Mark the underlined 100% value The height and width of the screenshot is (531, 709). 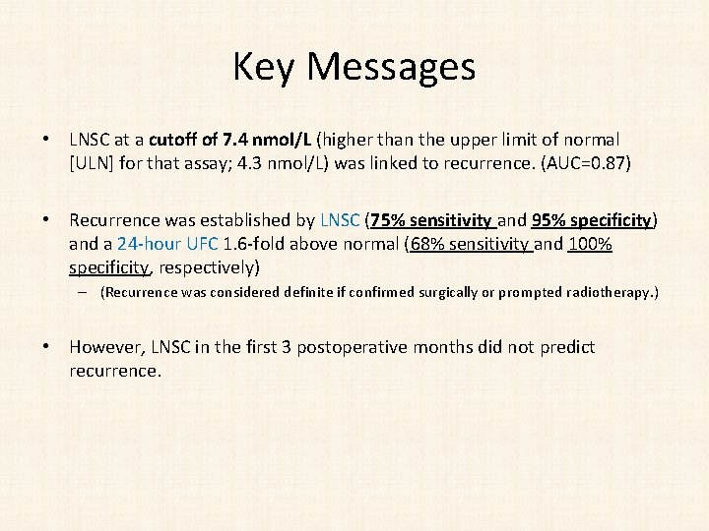pyautogui.click(x=590, y=244)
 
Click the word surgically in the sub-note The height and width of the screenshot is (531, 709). pyautogui.click(x=400, y=292)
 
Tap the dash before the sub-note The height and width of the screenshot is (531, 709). pyautogui.click(x=86, y=292)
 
